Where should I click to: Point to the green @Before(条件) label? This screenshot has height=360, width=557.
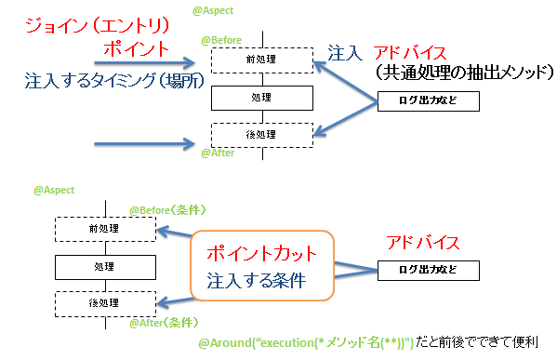(166, 210)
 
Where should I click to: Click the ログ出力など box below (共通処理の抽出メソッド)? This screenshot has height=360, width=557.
(428, 100)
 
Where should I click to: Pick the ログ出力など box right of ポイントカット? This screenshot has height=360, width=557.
(429, 270)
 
